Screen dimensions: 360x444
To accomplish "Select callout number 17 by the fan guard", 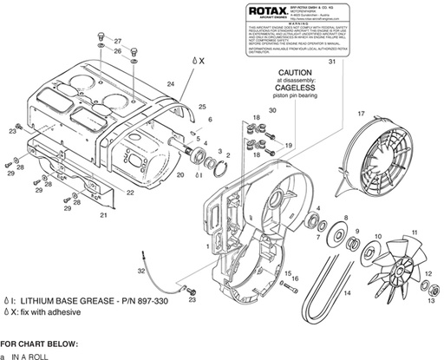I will tap(361, 113).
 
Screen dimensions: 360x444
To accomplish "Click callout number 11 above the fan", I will tap(415, 231).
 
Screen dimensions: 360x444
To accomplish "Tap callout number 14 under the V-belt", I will tap(346, 292).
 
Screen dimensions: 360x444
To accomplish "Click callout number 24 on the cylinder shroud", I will tap(172, 82).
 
